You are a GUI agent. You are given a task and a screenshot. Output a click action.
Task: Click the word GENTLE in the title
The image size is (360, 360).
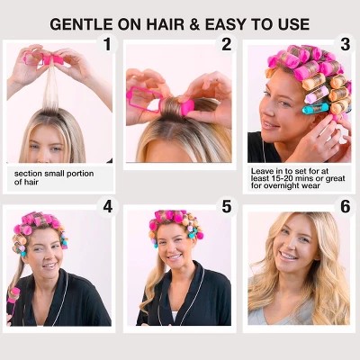click(81, 24)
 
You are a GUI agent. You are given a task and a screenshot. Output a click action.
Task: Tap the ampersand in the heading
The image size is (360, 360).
click(194, 24)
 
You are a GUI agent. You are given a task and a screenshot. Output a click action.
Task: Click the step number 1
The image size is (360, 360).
click(107, 44)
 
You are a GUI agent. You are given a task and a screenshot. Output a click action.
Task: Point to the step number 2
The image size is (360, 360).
click(227, 44)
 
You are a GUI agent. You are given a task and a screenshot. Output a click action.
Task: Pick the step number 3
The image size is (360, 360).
click(346, 44)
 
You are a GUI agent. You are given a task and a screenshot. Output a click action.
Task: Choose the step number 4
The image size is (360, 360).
click(107, 206)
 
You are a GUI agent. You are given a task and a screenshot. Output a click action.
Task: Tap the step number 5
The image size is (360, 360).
click(227, 206)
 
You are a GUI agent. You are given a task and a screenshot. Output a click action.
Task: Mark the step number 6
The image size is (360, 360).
click(346, 206)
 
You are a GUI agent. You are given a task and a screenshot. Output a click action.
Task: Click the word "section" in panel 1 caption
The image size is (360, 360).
click(28, 174)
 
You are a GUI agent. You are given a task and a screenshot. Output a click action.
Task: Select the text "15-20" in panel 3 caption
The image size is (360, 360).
click(276, 178)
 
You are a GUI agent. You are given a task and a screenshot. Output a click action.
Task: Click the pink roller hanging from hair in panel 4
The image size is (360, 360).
click(14, 295)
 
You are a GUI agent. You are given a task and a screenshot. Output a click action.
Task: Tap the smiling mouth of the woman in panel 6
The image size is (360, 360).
click(289, 256)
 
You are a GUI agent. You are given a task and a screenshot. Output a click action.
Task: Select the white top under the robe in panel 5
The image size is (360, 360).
click(175, 317)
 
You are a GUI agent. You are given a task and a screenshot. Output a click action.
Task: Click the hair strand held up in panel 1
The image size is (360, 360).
click(51, 87)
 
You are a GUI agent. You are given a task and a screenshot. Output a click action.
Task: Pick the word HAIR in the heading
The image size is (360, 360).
click(162, 24)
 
